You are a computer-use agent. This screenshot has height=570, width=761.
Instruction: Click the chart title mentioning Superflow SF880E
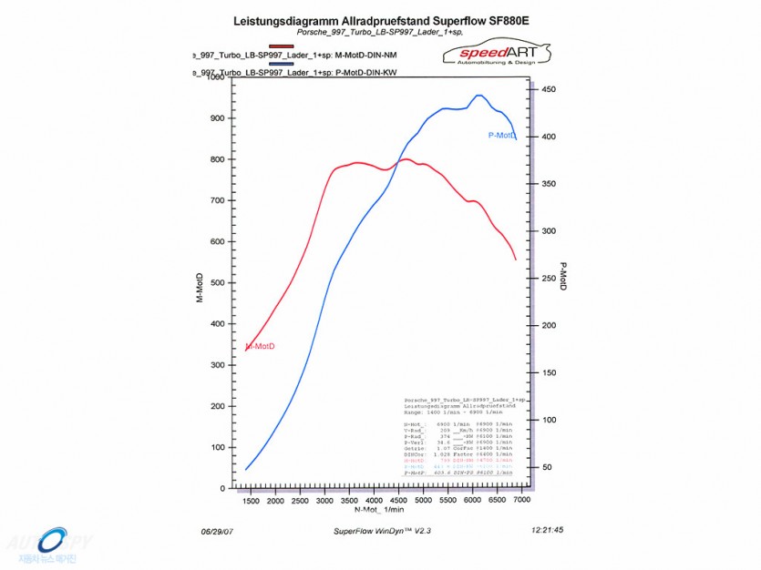(x=380, y=19)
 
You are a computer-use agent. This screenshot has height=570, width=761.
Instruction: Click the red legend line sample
(x=282, y=46)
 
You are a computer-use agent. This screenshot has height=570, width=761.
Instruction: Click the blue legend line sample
(x=282, y=64)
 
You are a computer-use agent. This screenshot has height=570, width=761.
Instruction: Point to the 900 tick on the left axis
(x=217, y=118)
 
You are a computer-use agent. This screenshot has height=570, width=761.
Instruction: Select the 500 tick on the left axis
(x=217, y=283)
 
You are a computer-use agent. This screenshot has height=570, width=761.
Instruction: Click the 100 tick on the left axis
(x=217, y=448)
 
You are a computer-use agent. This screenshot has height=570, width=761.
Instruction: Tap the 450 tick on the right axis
(x=548, y=89)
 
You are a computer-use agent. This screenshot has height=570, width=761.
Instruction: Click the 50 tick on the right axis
(x=548, y=467)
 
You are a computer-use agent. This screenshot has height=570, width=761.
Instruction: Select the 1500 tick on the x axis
(x=251, y=500)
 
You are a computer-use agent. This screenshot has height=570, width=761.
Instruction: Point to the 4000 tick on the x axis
(x=375, y=500)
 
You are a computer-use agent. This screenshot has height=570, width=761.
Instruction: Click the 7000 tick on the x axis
(x=522, y=500)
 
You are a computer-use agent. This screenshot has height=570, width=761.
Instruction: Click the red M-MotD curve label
(x=261, y=346)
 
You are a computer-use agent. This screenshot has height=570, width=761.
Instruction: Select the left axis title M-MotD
(x=200, y=300)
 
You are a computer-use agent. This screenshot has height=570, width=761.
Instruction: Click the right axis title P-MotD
(x=562, y=277)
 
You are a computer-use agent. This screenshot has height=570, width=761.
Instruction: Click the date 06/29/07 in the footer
(x=216, y=529)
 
